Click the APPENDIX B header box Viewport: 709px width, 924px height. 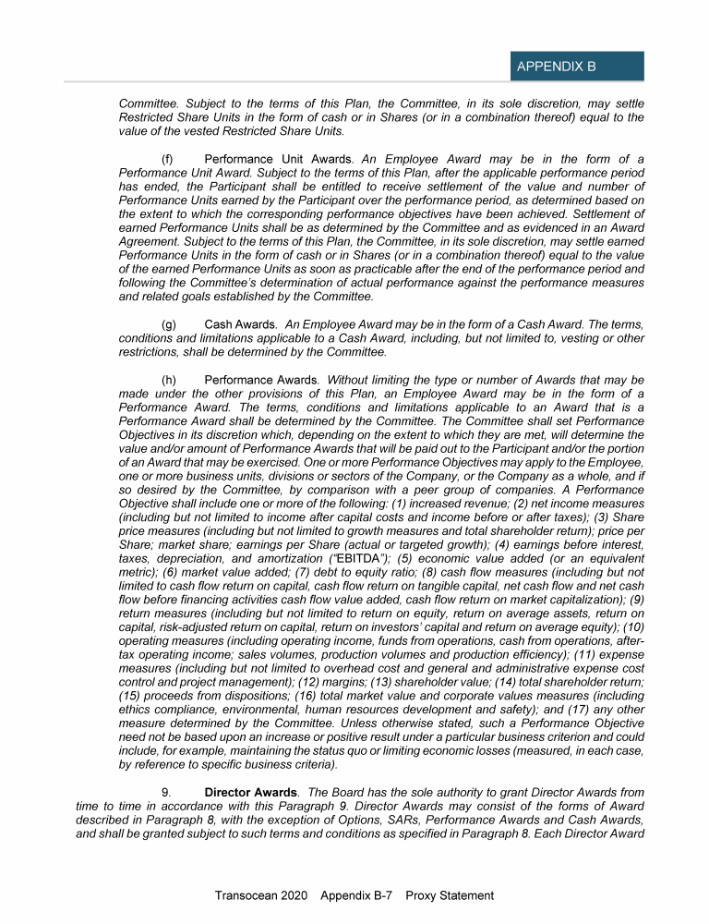point(576,67)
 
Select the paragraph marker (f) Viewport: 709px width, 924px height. point(169,160)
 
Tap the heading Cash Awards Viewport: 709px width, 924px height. point(240,325)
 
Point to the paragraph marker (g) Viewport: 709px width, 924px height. point(169,325)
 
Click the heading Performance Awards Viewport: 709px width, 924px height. point(261,380)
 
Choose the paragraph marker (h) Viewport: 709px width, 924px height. point(169,380)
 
